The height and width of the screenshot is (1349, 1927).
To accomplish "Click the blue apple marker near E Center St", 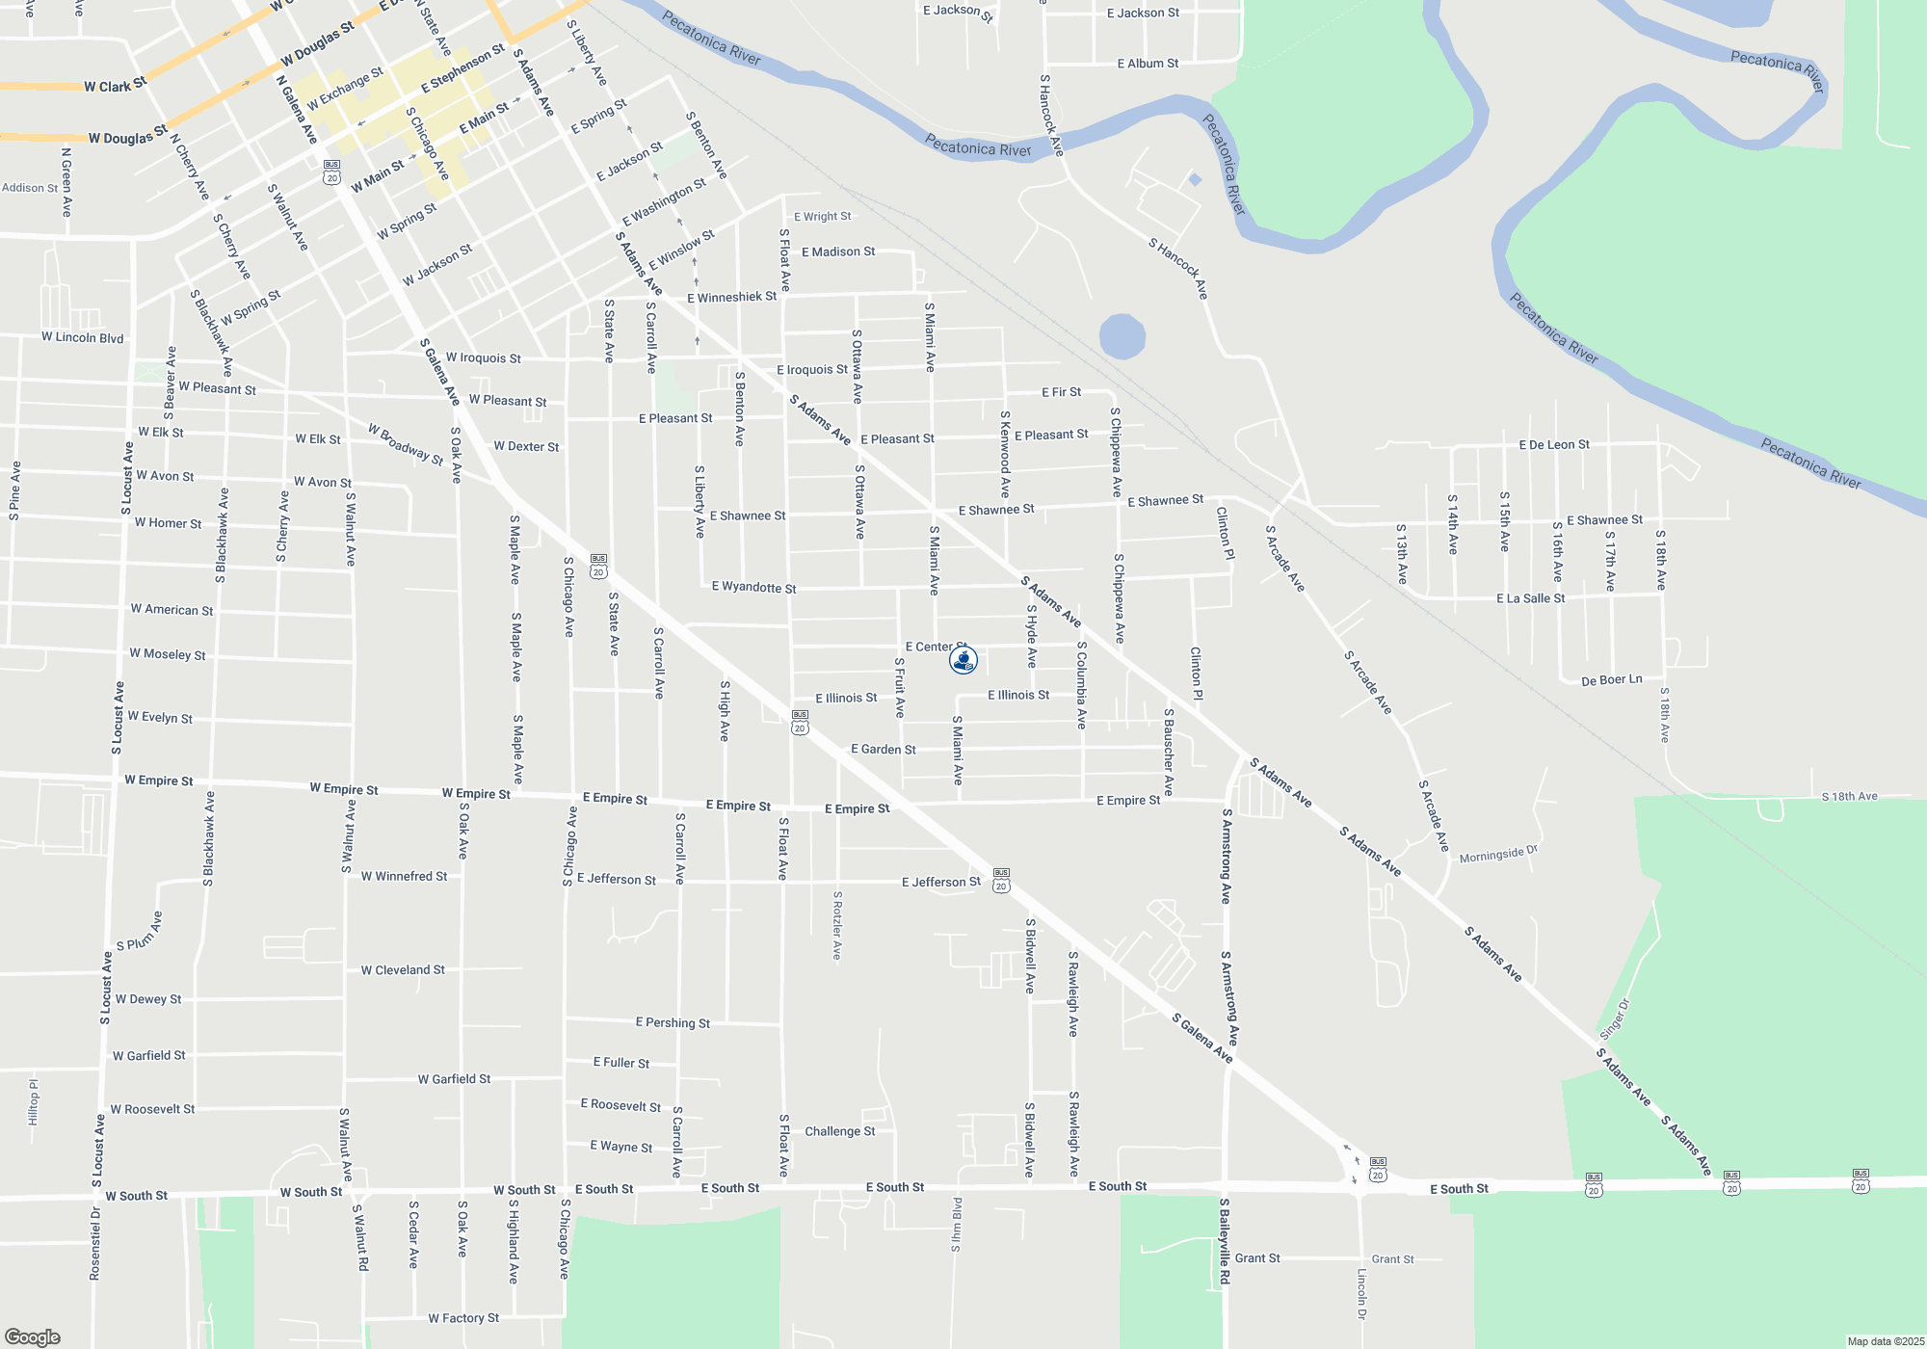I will point(963,660).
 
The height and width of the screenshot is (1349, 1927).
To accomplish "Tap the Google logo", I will point(33,1337).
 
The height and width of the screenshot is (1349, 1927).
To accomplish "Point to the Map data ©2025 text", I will point(1886,1341).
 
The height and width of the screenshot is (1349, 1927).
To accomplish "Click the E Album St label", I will point(1148,64).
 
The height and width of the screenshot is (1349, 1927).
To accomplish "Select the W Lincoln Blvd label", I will point(82,337).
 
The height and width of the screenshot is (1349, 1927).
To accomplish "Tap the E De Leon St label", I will point(1554,444).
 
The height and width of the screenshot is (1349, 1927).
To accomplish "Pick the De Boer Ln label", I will point(1611,680).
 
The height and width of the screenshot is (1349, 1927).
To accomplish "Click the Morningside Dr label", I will point(1498,855).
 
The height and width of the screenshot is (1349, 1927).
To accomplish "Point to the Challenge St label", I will point(840,1131).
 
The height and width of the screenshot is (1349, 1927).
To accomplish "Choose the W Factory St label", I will point(463,1318).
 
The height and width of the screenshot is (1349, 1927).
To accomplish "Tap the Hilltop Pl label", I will point(34,1102).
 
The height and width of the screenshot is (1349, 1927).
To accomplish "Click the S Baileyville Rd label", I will point(1225,1241).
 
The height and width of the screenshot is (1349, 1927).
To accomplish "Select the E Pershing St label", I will point(673,1022).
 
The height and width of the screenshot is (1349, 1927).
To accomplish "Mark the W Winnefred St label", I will point(404,876).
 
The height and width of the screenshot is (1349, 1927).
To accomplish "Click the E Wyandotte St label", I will point(753,587).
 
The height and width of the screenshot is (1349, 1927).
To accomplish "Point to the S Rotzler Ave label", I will point(837,925).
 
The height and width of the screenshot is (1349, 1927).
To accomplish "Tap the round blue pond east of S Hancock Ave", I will point(1122,337).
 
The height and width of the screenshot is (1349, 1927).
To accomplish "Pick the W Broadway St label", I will point(406,443).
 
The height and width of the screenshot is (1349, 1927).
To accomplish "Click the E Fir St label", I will point(1061,392).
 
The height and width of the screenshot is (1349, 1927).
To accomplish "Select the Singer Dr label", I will point(1615,1018).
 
